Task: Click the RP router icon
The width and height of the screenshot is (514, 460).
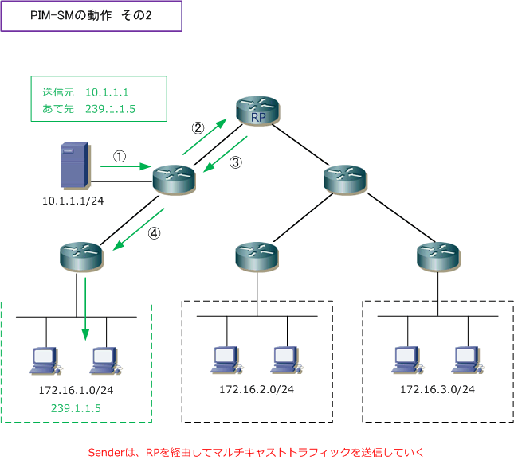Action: point(257,111)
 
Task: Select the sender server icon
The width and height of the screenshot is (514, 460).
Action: point(75,166)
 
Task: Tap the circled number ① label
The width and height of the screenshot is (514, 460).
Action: point(120,157)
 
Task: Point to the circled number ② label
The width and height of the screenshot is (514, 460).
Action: point(198,128)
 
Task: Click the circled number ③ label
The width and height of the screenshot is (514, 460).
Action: point(236,162)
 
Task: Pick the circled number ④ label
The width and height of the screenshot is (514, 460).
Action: point(154,233)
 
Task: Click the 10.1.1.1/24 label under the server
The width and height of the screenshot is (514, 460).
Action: point(73,201)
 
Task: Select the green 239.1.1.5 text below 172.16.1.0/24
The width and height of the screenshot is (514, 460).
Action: point(76,408)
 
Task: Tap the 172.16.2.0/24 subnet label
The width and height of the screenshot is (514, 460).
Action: point(257,389)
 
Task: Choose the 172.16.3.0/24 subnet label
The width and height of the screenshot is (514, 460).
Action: point(437,389)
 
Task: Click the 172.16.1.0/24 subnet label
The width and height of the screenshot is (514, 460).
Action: point(76,390)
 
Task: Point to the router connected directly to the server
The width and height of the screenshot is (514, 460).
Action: point(174,180)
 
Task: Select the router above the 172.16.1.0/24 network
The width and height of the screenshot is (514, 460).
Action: point(81,257)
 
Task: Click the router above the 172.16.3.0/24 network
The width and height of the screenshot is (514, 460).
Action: point(438,257)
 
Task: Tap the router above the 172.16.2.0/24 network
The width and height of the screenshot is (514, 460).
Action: point(257,257)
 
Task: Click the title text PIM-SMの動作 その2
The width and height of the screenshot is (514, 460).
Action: point(91,15)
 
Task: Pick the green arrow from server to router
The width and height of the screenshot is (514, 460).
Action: point(126,166)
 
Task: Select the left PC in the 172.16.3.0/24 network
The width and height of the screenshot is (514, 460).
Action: point(407,361)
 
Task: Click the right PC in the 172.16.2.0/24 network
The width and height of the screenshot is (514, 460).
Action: point(287,361)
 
